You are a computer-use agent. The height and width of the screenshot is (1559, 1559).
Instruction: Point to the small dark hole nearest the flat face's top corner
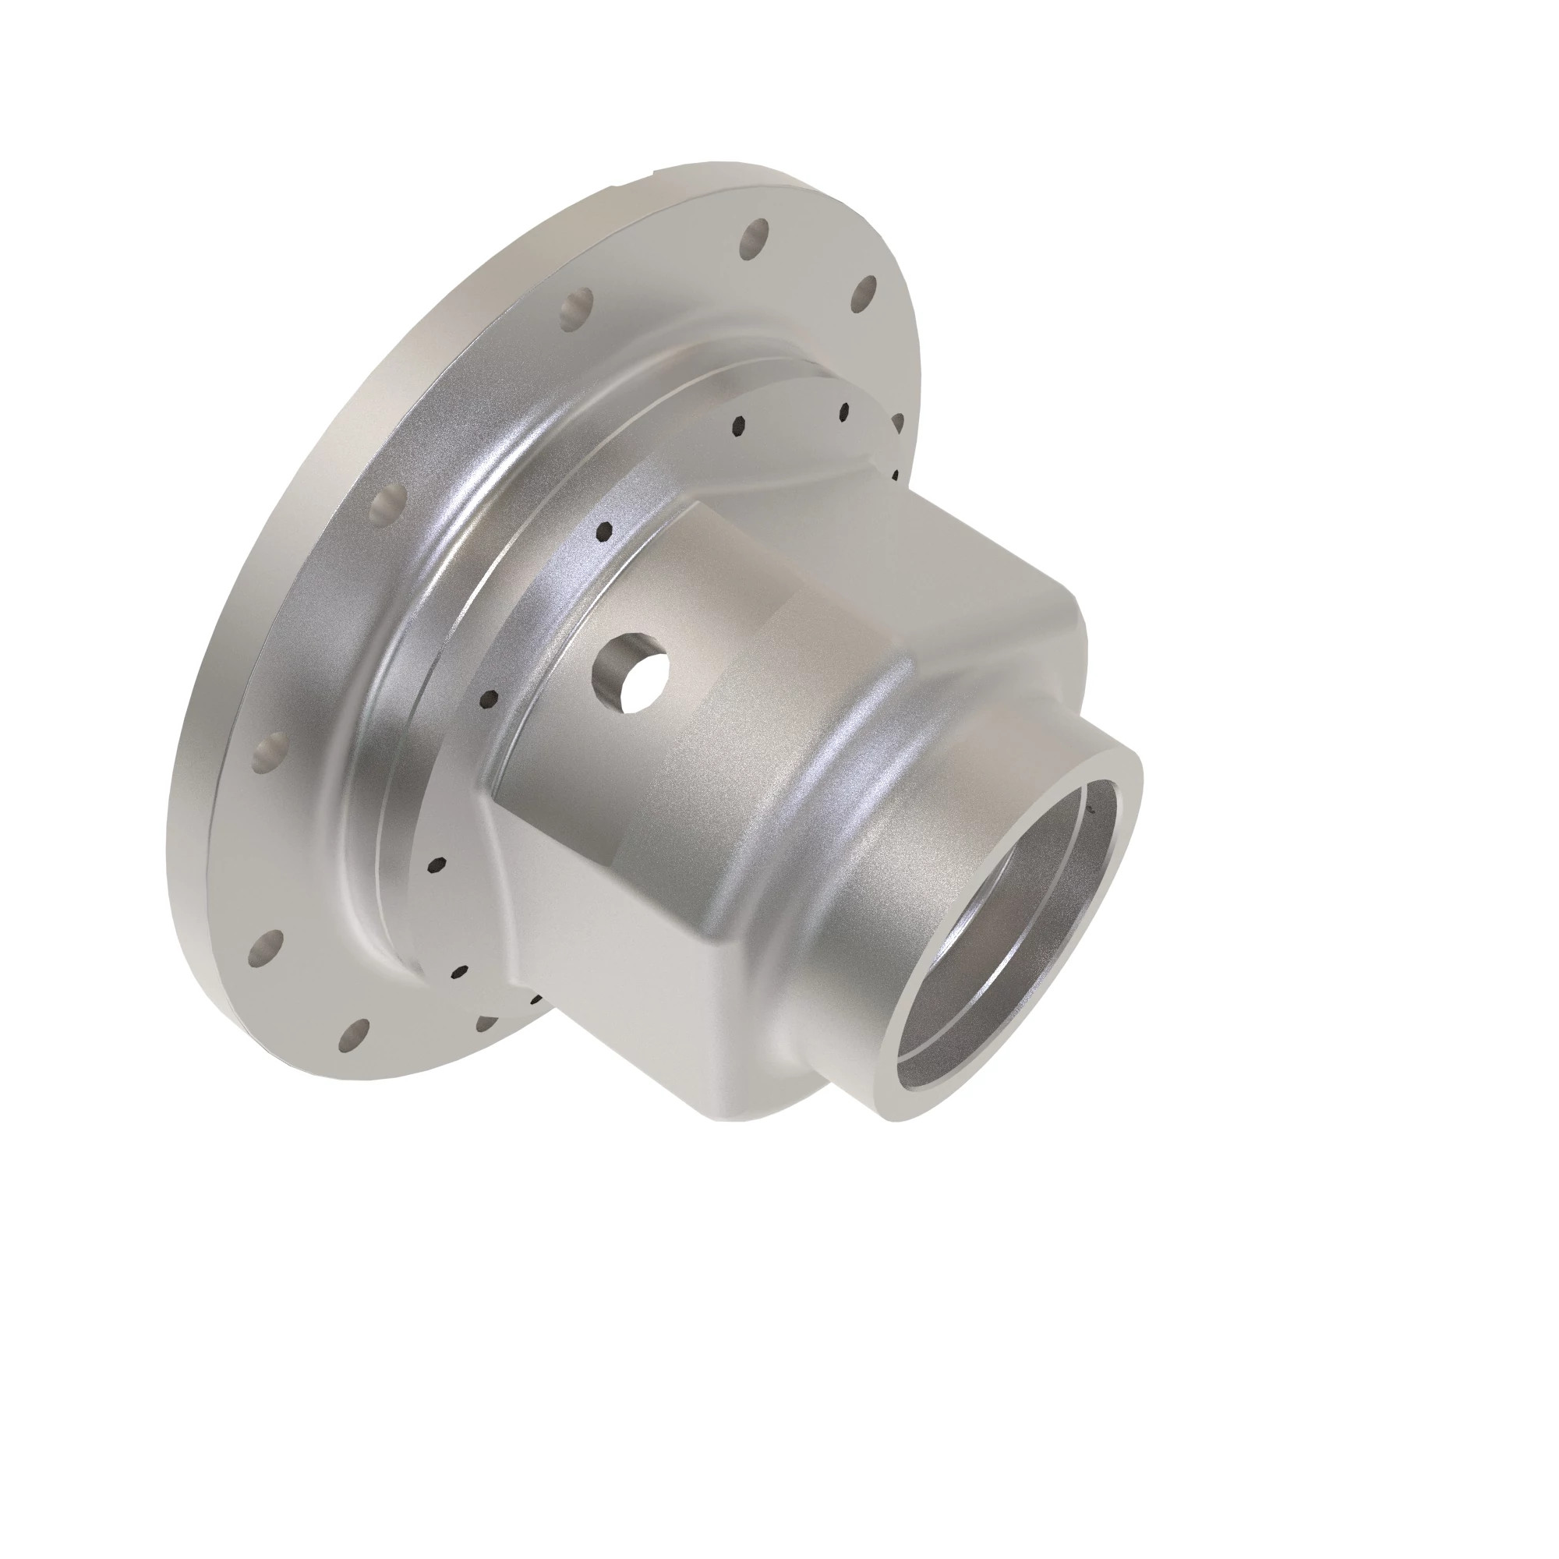pos(603,530)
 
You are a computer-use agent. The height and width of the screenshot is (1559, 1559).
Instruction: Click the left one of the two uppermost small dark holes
pos(737,426)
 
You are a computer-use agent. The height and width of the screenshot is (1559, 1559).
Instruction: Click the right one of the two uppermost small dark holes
pos(844,413)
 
